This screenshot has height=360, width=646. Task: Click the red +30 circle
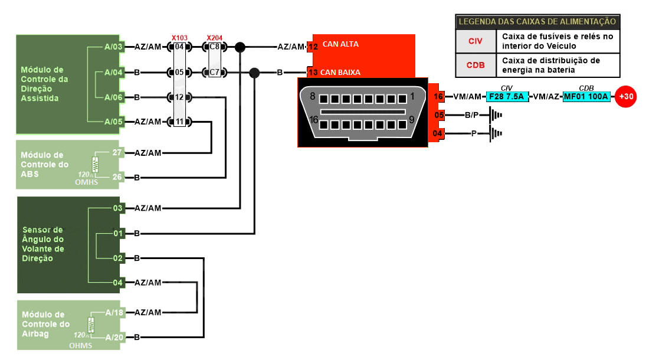(625, 96)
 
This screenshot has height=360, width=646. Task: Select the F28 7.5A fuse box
(507, 96)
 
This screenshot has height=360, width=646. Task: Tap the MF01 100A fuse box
(585, 96)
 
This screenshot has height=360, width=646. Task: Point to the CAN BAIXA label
(340, 73)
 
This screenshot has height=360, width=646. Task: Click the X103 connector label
(179, 37)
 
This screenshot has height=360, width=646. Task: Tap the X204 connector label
(215, 37)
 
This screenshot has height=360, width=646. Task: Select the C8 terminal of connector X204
(215, 47)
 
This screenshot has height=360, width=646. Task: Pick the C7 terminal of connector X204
(215, 73)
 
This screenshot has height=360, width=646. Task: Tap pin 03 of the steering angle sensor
(117, 208)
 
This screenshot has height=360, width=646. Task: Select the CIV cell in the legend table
(475, 41)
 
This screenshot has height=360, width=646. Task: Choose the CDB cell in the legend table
(475, 65)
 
